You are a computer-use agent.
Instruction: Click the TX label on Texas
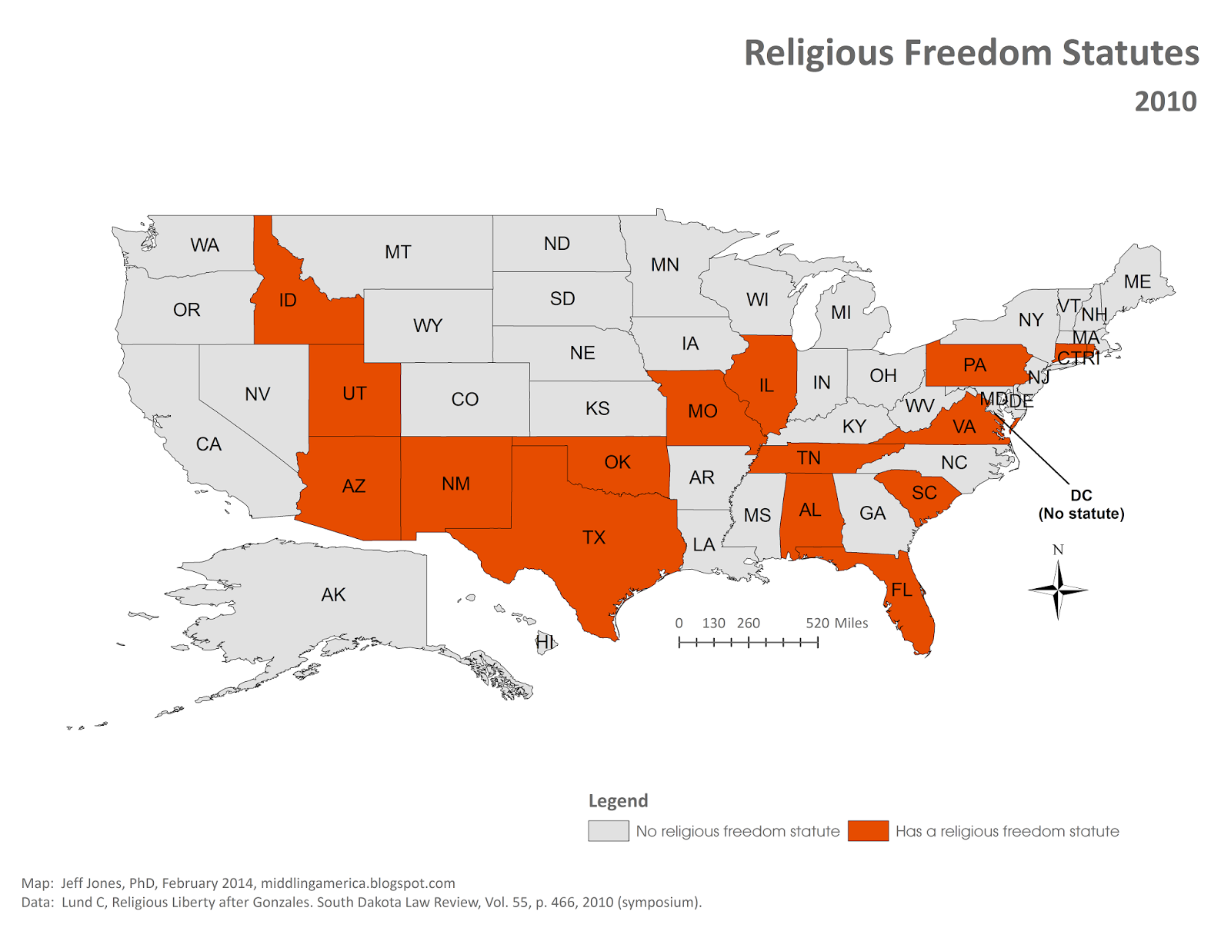(593, 537)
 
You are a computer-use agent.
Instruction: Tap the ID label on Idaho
(288, 301)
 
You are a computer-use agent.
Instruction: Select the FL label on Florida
(902, 590)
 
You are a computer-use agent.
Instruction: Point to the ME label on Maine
(1137, 282)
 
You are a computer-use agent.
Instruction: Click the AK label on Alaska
(333, 594)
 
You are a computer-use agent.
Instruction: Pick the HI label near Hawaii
(545, 641)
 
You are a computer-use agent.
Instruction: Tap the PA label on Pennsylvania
(975, 365)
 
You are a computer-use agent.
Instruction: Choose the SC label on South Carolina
(924, 493)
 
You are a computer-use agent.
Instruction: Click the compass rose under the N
(1058, 590)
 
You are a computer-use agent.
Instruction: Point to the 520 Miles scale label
(836, 623)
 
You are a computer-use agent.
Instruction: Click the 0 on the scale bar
(679, 623)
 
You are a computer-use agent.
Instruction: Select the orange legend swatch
(868, 830)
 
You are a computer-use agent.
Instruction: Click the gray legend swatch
(608, 830)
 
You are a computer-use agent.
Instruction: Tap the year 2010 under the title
(1165, 101)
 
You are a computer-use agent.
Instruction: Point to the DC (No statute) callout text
(1081, 504)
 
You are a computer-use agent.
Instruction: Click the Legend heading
(618, 800)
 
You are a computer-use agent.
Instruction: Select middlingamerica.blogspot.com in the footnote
(358, 883)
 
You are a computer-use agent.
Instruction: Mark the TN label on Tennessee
(809, 458)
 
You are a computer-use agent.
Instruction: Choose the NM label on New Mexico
(455, 484)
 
